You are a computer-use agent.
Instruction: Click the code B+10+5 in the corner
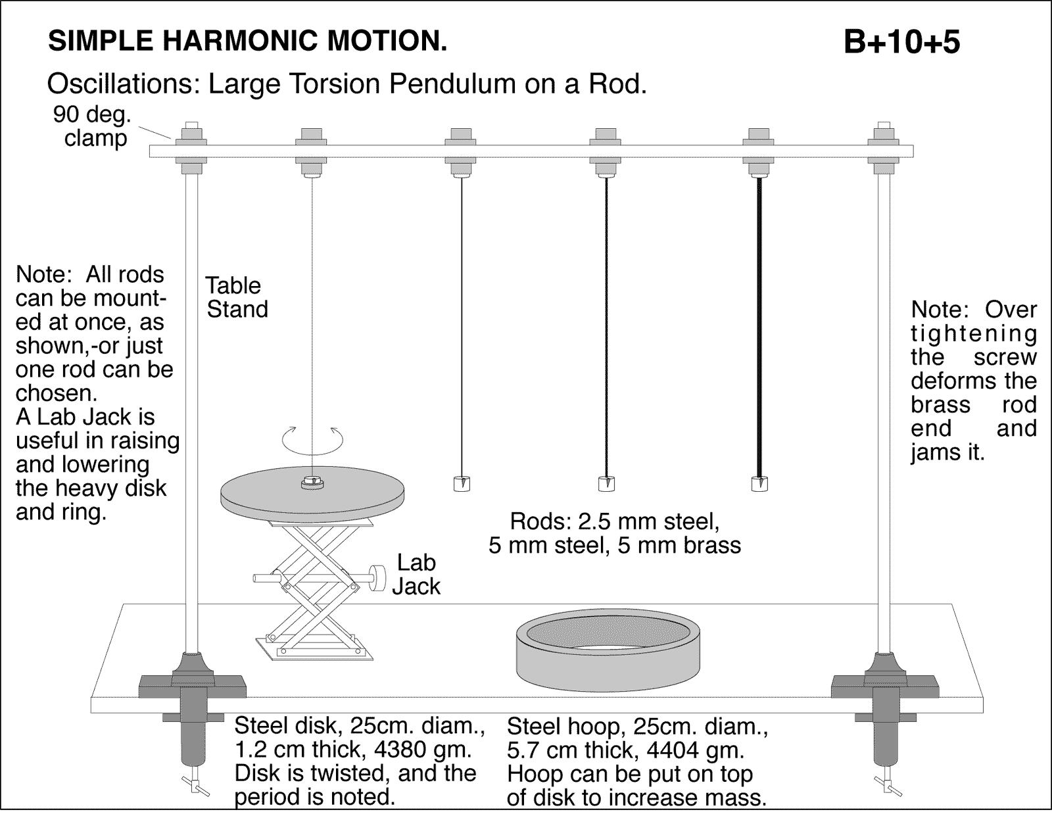901,42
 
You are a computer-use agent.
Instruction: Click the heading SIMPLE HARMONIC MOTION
248,41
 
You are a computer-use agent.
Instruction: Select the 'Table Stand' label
236,297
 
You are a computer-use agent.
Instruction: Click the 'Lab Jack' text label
416,574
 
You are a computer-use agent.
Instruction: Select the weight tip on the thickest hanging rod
759,484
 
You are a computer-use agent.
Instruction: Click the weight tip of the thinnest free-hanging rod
462,484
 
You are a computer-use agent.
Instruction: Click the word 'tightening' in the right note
973,333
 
